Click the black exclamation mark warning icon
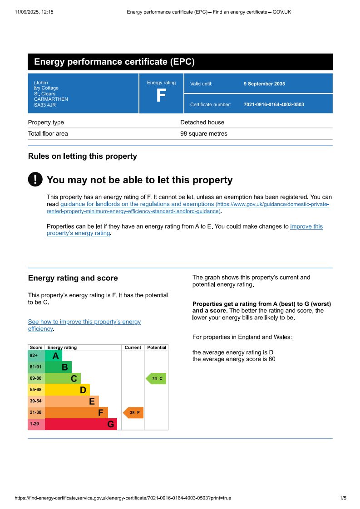(x=35, y=179)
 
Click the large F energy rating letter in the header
(x=161, y=96)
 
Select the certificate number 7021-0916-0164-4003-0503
(x=274, y=105)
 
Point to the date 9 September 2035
(x=264, y=84)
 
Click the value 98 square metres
(x=204, y=134)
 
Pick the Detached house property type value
(x=202, y=122)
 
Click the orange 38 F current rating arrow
(x=133, y=413)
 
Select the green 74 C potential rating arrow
(x=156, y=378)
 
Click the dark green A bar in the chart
(x=53, y=356)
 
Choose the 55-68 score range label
(x=36, y=390)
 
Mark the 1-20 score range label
(x=35, y=424)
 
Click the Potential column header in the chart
(x=157, y=347)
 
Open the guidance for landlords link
(x=137, y=205)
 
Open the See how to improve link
(x=84, y=322)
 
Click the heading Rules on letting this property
(x=82, y=157)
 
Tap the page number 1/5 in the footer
(x=343, y=498)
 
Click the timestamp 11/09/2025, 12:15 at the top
(x=34, y=12)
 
